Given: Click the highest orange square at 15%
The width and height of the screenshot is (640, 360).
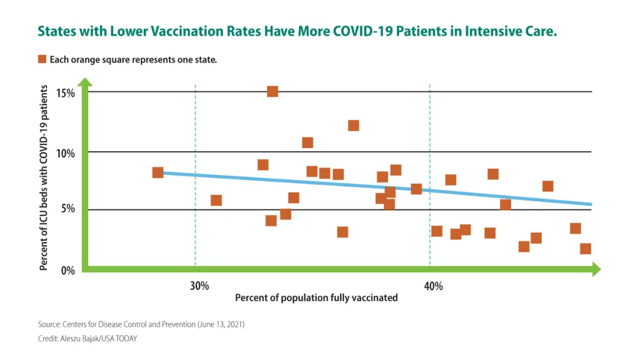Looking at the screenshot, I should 272,91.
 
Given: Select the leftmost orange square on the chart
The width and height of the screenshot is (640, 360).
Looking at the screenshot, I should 157,172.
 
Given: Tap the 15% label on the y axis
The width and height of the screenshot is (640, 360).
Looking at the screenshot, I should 65,93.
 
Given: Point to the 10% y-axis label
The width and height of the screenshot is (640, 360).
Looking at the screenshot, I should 65,153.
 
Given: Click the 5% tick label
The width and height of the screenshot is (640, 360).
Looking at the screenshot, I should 67,209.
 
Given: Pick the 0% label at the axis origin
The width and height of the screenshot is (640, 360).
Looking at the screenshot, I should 67,271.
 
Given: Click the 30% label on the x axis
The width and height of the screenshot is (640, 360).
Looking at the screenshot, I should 199,286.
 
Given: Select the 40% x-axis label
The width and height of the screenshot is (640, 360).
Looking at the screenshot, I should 433,286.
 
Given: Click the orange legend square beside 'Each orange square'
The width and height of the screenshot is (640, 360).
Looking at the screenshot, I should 42,59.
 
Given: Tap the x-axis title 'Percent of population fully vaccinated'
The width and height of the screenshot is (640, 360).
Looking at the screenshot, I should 316,298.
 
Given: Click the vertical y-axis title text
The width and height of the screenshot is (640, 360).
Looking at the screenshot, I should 44,178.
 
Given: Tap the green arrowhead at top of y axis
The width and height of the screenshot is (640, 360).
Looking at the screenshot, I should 85,82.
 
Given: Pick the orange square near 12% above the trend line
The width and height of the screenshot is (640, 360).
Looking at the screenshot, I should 353,126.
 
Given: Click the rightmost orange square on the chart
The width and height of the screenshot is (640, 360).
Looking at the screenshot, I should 585,249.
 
